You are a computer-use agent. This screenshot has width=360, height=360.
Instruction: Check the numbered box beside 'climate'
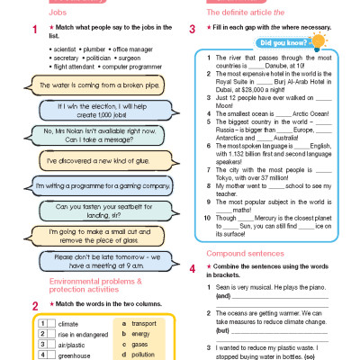42,321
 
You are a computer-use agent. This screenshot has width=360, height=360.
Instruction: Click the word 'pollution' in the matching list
144,355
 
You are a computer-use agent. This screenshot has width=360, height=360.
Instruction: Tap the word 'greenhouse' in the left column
76,355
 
